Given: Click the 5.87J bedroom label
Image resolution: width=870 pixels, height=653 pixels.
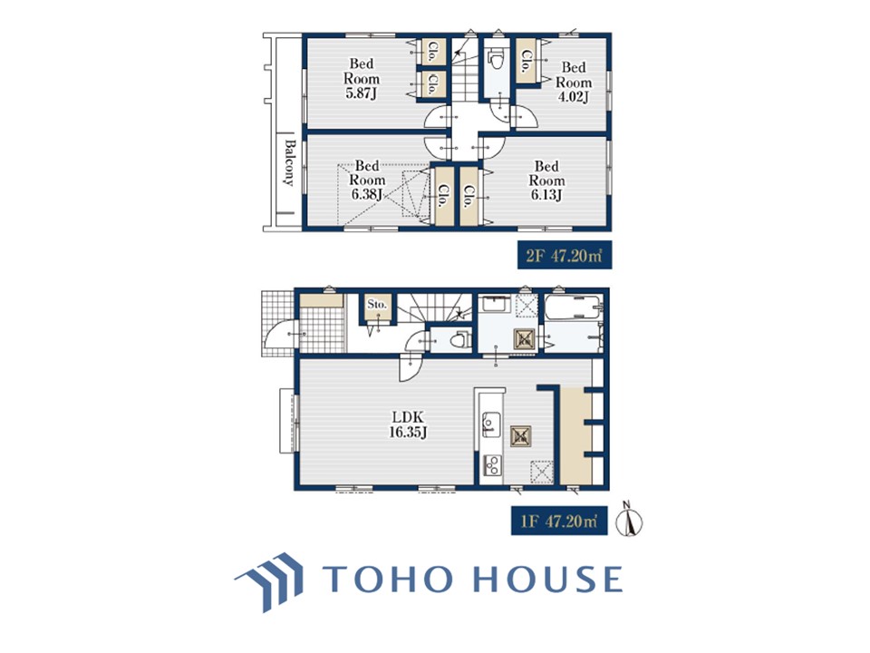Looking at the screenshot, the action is coord(362,79).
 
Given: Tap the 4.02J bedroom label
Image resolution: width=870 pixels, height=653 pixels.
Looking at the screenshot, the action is coord(574,83).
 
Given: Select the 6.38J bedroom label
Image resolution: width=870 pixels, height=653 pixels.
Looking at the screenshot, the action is coord(367,180).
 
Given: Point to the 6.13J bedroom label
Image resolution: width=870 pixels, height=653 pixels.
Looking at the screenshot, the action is coord(546,180).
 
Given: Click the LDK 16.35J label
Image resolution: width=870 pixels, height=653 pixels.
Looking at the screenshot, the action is coord(408,424).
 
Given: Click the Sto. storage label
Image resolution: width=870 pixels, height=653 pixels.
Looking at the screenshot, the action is coord(377,305).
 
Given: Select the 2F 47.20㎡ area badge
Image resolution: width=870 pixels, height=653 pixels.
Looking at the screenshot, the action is coord(565,255).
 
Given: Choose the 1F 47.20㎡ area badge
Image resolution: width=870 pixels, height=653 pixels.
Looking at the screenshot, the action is coord(559,521).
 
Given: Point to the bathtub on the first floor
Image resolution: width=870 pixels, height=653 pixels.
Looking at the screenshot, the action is coord(573,307).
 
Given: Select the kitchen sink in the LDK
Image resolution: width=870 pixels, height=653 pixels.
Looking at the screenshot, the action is coord(490,424).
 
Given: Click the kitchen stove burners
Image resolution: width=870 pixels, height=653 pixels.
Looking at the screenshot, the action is coord(492,465).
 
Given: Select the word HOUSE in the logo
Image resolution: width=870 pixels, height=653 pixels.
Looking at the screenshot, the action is coord(547,579).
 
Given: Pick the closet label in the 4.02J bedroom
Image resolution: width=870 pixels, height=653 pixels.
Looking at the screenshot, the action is coord(526,61).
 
